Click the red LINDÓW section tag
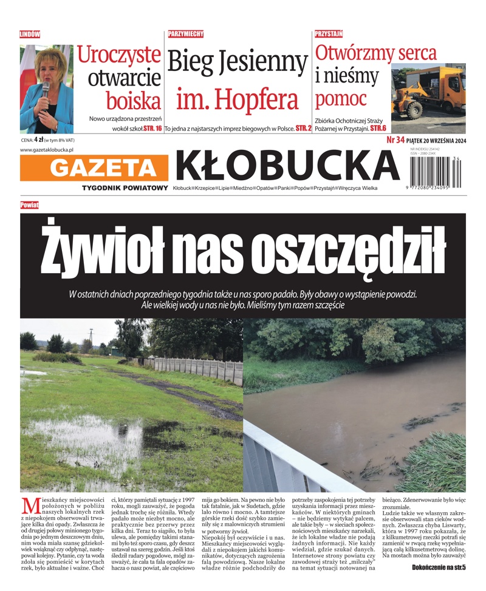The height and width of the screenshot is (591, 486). pos(30,35)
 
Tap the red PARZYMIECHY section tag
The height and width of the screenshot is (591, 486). pos(185,34)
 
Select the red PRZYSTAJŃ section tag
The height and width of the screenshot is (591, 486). pos(329,35)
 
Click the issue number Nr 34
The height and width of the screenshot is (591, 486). pos(397,140)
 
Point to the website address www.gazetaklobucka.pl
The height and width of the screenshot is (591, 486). pos(47,149)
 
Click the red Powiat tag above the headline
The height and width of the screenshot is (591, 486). pos(29,205)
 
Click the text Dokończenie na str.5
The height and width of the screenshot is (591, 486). pos(434,567)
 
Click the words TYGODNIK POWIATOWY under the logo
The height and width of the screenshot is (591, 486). pos(125,188)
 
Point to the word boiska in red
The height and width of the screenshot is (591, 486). pos(133,101)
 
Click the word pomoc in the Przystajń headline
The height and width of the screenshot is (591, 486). pos(341,99)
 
